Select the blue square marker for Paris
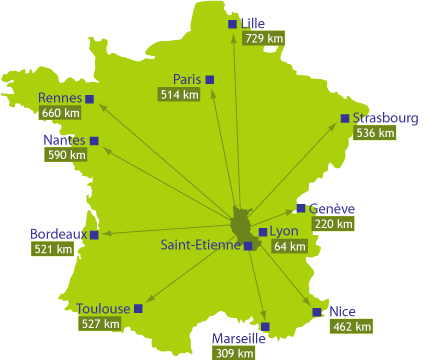point(211,79)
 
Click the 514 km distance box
point(179,94)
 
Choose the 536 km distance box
point(375,132)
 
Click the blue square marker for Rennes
point(90,98)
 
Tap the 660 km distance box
point(59,113)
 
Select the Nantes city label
point(65,140)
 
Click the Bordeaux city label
point(57,234)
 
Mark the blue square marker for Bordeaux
point(94,235)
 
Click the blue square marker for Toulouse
point(138,308)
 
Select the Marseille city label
point(238,338)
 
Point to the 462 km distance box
point(351,326)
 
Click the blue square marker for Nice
point(317,312)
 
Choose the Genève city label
point(332,208)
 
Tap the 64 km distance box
point(290,246)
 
